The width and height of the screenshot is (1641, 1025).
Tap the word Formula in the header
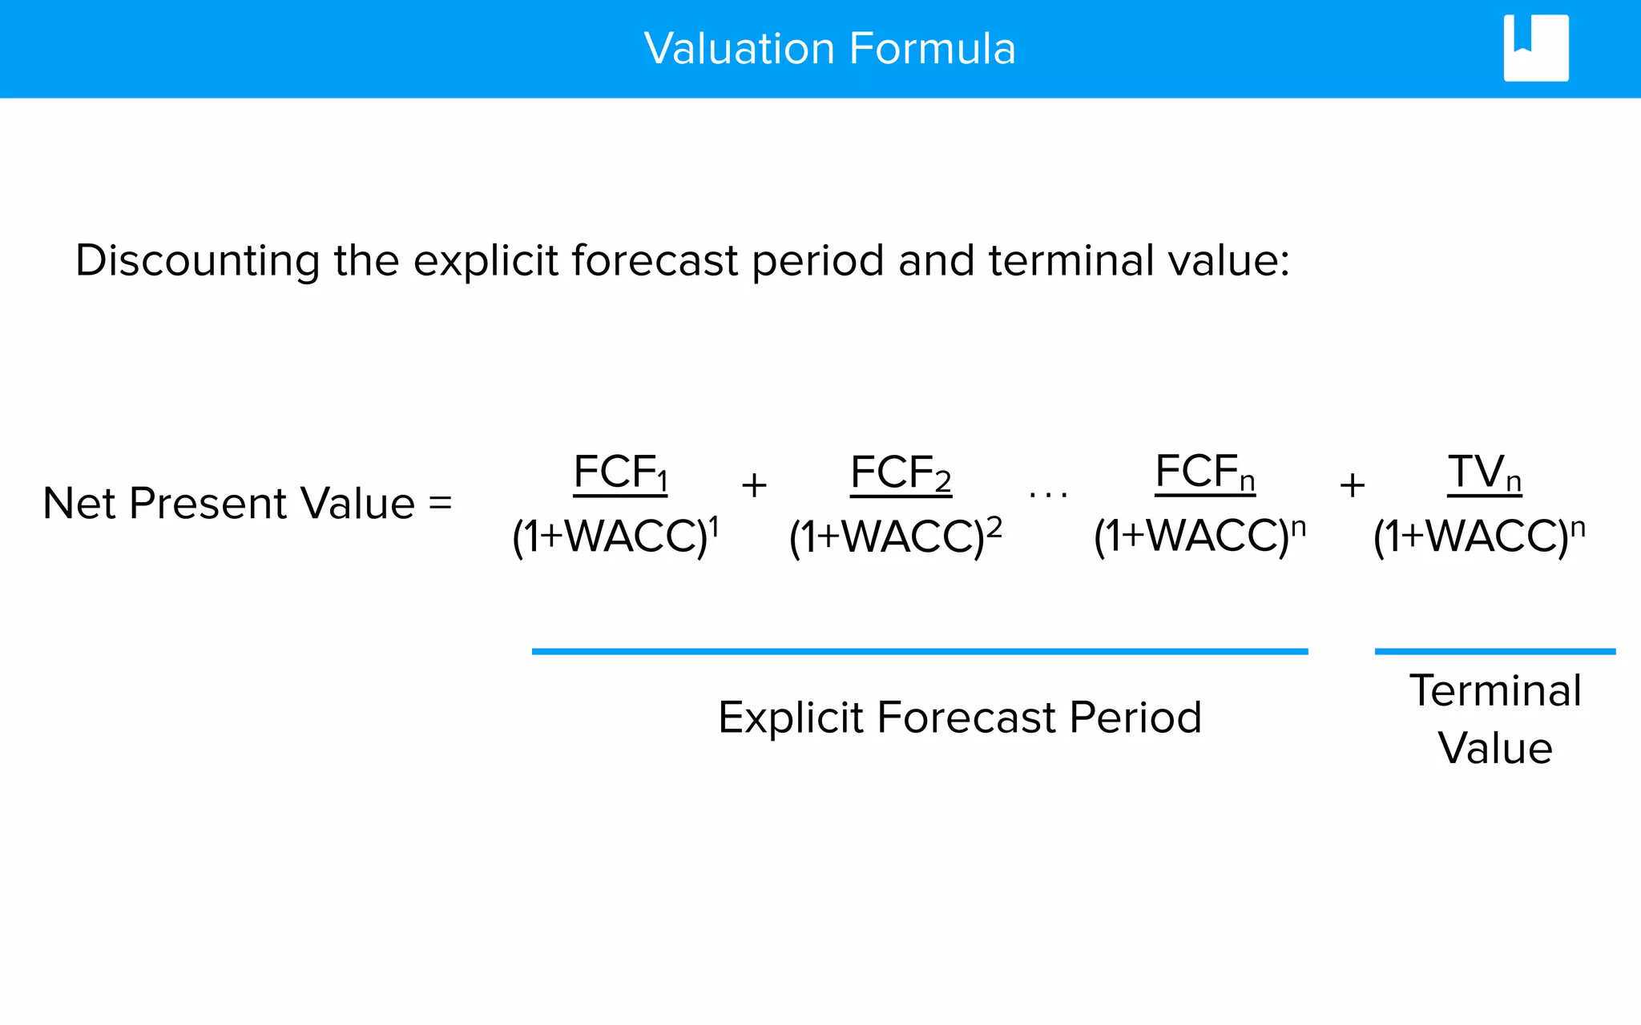(932, 49)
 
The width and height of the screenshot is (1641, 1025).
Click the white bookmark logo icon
(1535, 48)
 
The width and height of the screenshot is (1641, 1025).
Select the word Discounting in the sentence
(197, 261)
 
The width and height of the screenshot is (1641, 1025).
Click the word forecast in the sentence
(654, 261)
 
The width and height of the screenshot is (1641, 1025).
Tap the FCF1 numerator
(620, 472)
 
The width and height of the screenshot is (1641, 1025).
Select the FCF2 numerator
(900, 472)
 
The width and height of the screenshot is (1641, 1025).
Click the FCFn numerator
(1204, 472)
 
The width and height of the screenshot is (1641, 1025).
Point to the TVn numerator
(1484, 472)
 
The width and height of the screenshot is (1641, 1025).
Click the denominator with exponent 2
(894, 537)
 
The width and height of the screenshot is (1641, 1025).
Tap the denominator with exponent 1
(615, 537)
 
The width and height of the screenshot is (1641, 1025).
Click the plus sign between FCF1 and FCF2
(754, 485)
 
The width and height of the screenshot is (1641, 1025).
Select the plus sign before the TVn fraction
(1353, 485)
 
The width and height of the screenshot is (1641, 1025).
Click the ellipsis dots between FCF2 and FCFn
(1048, 496)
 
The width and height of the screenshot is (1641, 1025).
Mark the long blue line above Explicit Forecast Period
(919, 652)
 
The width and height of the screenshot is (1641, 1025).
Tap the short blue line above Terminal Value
(1494, 652)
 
